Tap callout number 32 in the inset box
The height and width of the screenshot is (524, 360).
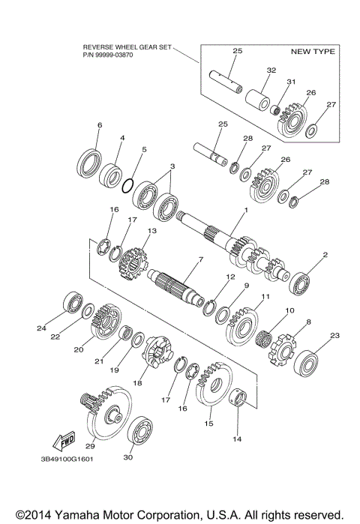[x=250, y=69]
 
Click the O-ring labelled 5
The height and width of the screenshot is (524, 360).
[x=128, y=184]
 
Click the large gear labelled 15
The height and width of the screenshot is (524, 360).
[x=212, y=389]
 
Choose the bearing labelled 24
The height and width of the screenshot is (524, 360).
[x=73, y=301]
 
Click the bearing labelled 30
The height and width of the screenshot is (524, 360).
[x=140, y=433]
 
